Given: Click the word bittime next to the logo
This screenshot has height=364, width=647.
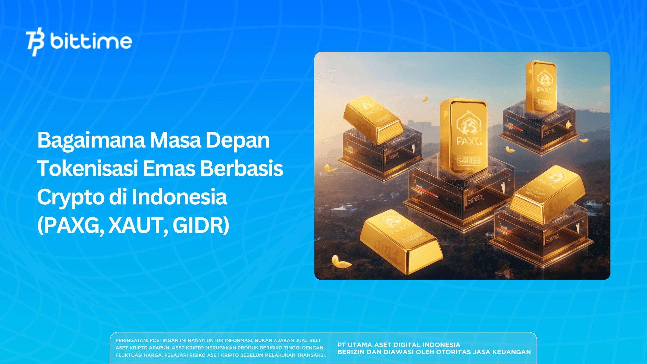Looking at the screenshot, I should [x=91, y=41].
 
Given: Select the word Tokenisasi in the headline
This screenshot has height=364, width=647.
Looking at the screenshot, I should [x=88, y=168].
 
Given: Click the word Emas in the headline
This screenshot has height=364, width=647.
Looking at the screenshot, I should [x=169, y=168].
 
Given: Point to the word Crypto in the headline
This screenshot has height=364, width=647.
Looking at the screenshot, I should [x=70, y=197].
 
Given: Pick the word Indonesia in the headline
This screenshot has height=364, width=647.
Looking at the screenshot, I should [x=179, y=197].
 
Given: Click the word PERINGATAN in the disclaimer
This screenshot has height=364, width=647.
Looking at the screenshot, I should [x=131, y=340].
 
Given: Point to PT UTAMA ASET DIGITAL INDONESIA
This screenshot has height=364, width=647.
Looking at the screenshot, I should [x=399, y=345].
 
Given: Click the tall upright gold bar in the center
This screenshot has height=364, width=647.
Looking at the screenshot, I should [x=464, y=136].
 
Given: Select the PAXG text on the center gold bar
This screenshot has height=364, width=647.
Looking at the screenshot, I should [x=469, y=141].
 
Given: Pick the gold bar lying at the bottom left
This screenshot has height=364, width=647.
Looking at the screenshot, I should [x=401, y=242].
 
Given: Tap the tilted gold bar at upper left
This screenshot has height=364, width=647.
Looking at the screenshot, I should [x=373, y=118].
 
